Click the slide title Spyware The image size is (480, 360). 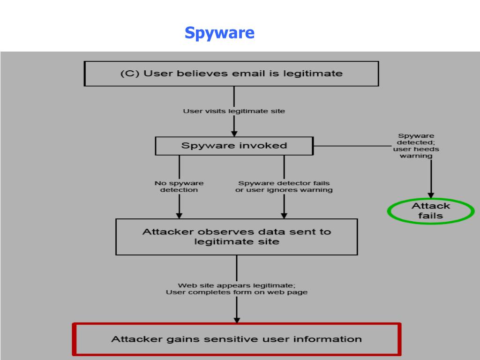219,33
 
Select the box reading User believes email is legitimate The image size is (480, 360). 231,74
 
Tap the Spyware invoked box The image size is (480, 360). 234,146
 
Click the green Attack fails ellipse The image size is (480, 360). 431,211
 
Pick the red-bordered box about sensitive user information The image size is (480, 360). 237,339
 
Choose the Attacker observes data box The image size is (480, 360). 237,237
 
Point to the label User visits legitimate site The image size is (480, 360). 234,111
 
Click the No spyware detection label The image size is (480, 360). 179,187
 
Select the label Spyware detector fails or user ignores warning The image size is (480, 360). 284,187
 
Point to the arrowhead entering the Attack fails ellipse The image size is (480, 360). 431,195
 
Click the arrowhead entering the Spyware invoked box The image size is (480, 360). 234,133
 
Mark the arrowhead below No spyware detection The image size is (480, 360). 179,215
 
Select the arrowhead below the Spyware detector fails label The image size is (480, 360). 284,215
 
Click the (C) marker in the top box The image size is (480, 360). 128,74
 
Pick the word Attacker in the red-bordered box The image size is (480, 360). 130,339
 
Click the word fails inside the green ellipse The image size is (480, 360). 431,216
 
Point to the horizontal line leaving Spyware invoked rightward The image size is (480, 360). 352,146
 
